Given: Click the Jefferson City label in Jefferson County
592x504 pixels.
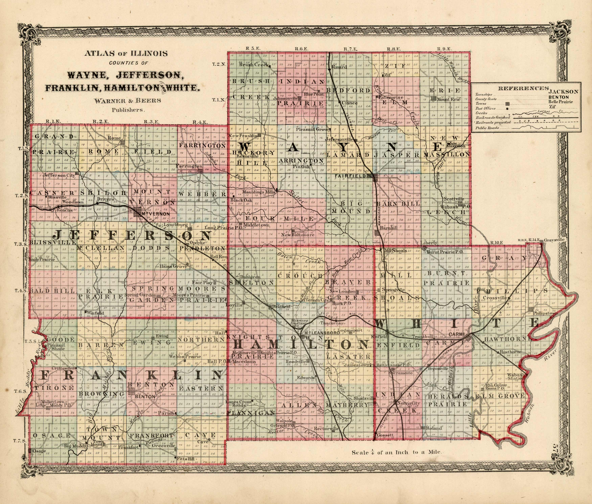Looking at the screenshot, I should pos(58,175).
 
